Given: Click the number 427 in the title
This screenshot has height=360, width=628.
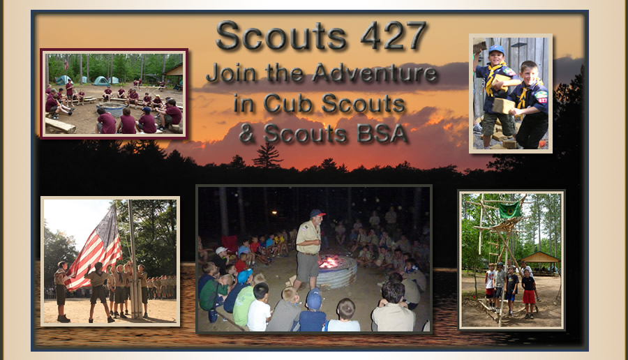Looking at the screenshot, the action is tap(394, 36).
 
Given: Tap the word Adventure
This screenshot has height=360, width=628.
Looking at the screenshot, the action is tap(374, 73).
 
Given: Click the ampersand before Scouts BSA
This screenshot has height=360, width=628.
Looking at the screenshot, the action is tap(247, 133).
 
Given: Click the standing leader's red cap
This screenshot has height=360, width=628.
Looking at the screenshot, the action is tap(317, 213).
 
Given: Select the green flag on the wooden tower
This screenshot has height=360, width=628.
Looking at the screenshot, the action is tap(509, 209).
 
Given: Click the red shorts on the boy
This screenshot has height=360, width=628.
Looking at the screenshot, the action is tap(529, 297).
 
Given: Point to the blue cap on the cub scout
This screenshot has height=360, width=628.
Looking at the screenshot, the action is tap(496, 49).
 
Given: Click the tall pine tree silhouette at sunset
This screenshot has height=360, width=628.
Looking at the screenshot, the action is tap(267, 156).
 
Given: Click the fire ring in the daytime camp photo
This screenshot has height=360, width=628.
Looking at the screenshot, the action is tap(112, 109).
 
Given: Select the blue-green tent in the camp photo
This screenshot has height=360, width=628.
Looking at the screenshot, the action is tap(100, 80).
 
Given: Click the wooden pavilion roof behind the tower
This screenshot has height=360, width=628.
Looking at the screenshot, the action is tap(540, 257).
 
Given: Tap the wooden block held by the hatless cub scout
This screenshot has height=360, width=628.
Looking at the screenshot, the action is tap(503, 106).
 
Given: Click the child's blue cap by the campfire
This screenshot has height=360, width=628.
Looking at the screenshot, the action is tap(315, 299).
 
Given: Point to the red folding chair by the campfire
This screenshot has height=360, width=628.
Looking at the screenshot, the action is tap(230, 243).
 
